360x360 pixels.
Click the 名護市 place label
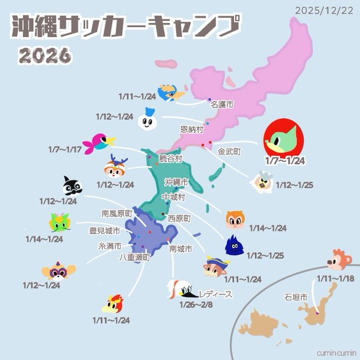[221, 104]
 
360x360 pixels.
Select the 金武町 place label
[229, 152]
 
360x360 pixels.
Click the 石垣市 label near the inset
[296, 297]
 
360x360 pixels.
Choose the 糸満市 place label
[110, 246]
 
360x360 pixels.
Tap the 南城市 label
[181, 248]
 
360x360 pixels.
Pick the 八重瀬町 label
[133, 257]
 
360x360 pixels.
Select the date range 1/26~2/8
[196, 305]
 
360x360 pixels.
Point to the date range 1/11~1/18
[334, 279]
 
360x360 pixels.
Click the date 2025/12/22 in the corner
[325, 10]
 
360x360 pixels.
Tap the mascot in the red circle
[284, 139]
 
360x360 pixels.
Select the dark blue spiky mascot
[235, 245]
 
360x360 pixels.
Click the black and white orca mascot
[72, 187]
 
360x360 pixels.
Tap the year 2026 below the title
[45, 56]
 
